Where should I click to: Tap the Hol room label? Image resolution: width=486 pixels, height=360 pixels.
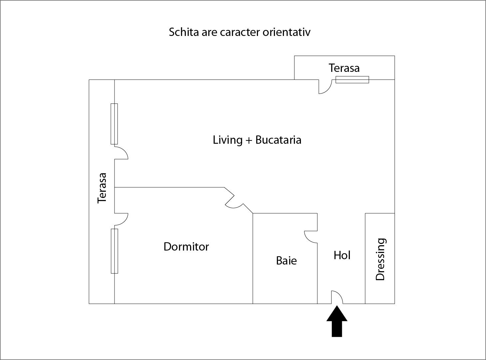342,255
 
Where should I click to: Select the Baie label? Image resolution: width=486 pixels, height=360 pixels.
286,261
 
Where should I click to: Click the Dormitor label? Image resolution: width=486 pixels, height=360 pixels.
186,247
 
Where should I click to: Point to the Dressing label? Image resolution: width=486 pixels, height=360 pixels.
380,260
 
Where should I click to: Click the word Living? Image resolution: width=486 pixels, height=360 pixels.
228,140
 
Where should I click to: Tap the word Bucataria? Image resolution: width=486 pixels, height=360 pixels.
278,140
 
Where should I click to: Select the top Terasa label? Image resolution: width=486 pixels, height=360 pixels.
344,68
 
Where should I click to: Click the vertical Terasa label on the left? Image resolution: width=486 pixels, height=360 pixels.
102,188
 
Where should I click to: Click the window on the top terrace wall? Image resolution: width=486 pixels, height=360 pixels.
352,80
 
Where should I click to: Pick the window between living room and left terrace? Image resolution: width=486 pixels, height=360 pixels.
114,124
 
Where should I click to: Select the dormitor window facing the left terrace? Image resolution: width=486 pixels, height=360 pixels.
114,251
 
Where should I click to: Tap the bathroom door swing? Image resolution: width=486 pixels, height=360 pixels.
311,237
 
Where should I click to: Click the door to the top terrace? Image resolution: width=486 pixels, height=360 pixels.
325,87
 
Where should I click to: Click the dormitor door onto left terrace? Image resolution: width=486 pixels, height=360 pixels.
122,219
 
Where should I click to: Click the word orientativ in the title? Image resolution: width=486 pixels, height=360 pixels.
286,32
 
